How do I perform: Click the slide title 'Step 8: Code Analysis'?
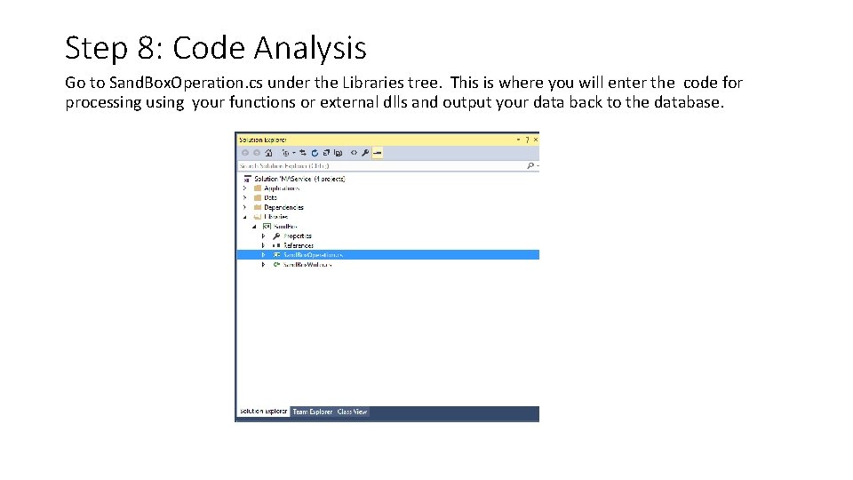tap(215, 47)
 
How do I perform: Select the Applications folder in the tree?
tap(282, 188)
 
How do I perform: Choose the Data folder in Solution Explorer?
tap(270, 197)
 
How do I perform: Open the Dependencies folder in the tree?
tap(283, 207)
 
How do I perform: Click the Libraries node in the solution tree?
tap(275, 217)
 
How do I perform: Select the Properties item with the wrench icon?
tap(297, 236)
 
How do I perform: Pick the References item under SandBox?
tap(298, 245)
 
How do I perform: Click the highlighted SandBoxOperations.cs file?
tap(313, 255)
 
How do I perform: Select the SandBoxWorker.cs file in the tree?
tap(307, 265)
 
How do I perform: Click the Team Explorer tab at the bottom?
tap(313, 412)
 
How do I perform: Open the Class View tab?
tap(352, 412)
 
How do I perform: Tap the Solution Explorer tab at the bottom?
tap(263, 412)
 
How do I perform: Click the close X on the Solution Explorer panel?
tap(534, 140)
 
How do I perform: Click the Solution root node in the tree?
tap(299, 179)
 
